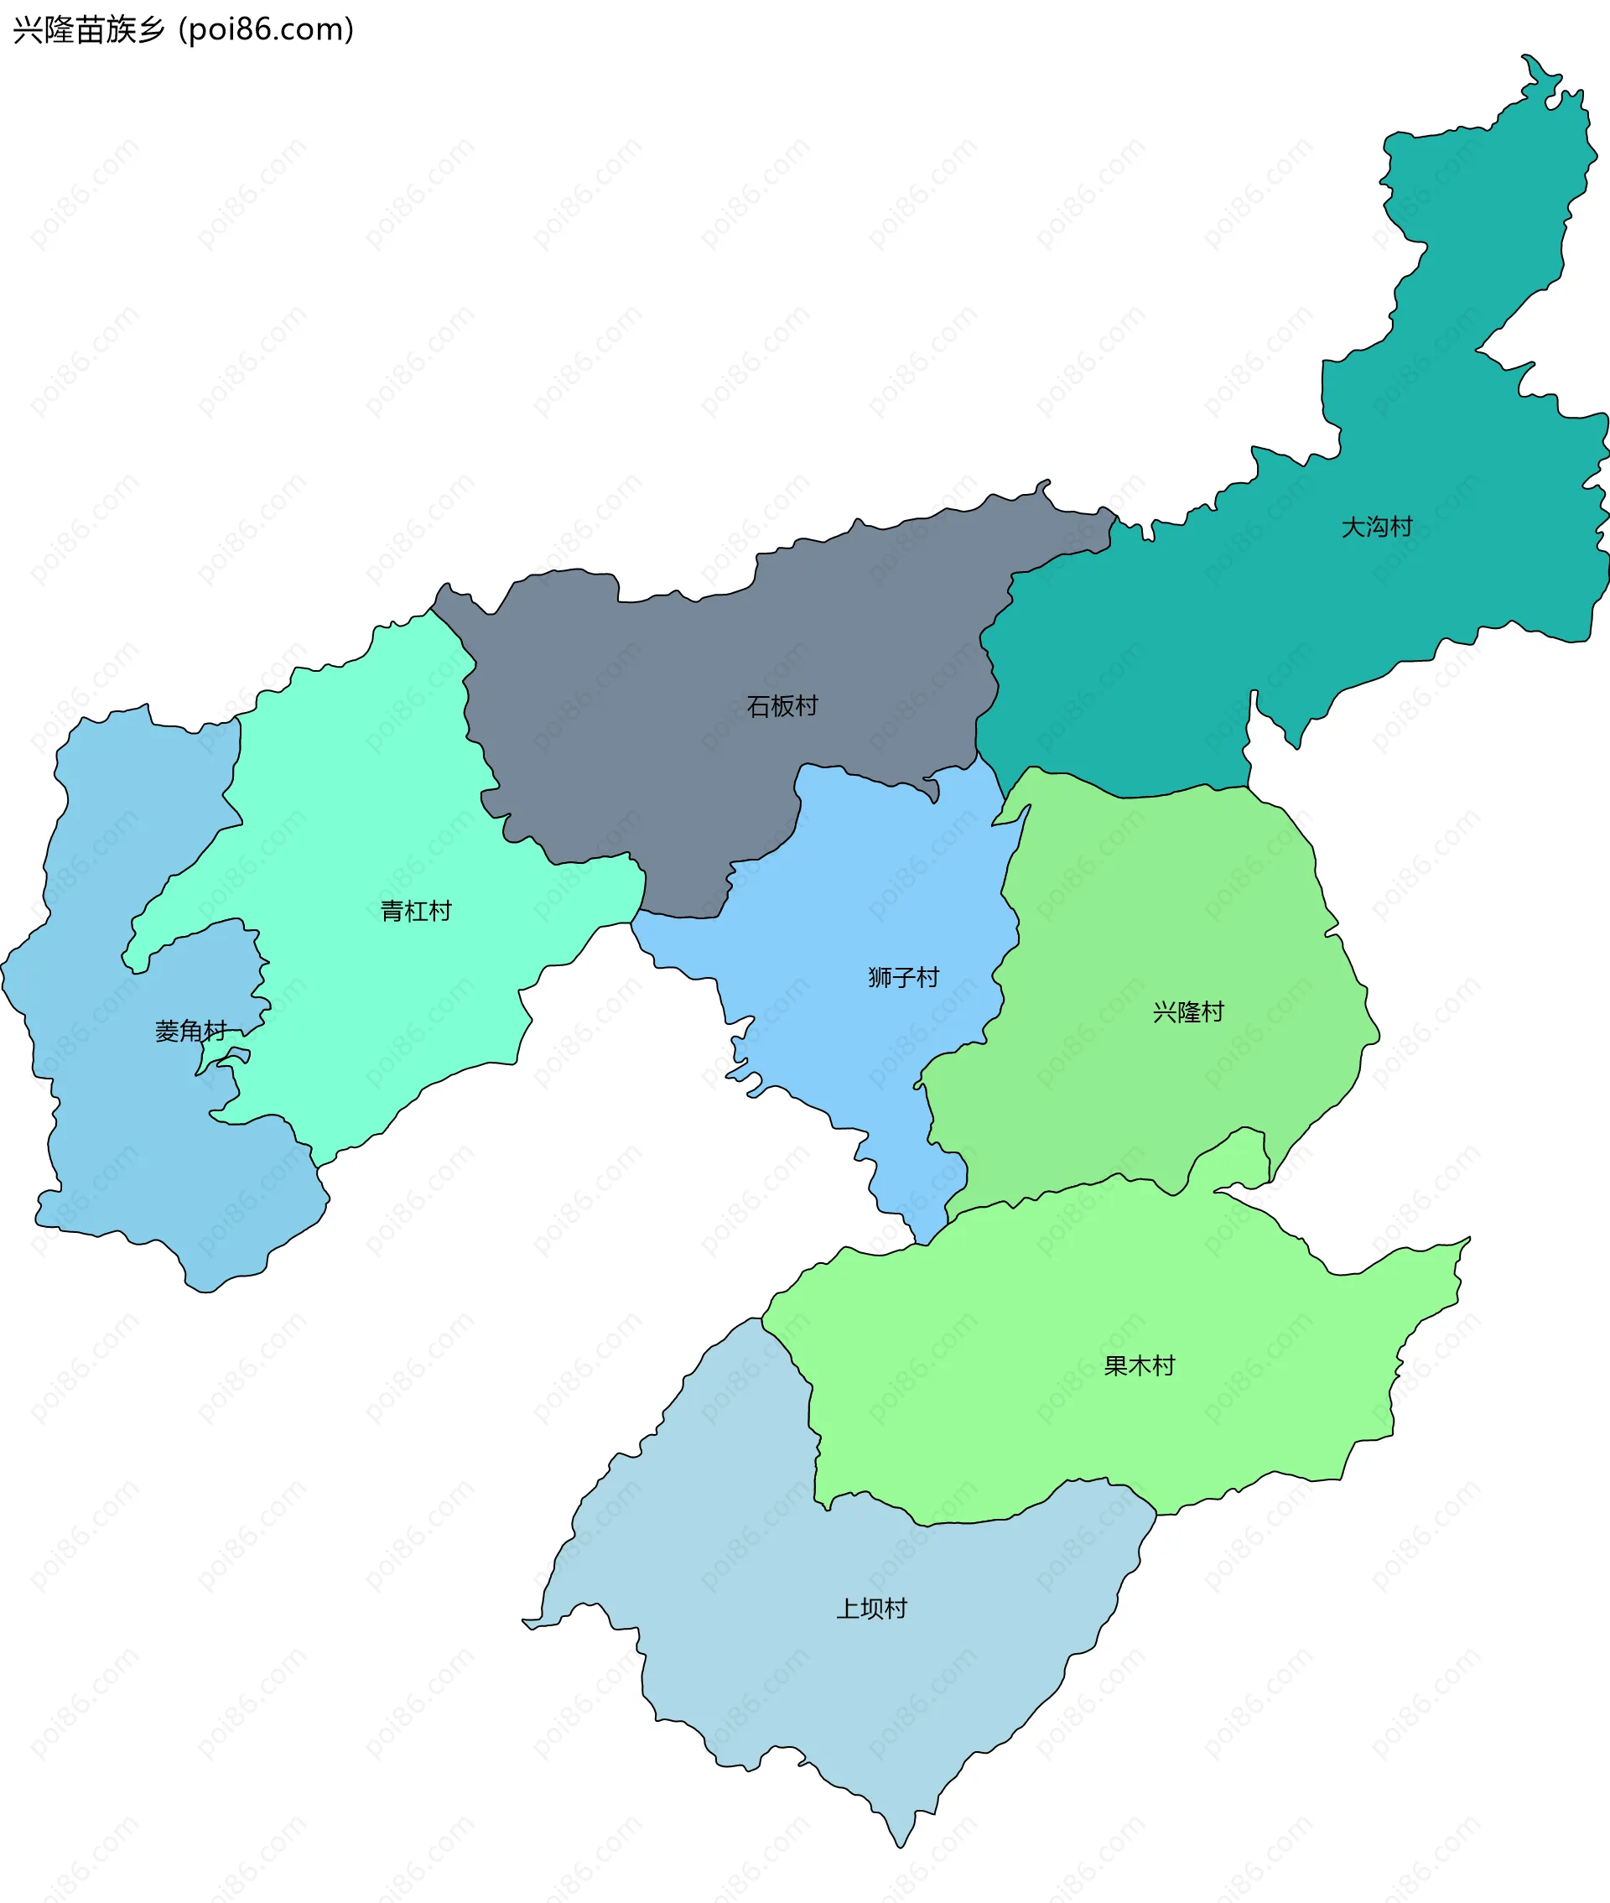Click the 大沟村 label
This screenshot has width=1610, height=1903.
pyautogui.click(x=1376, y=527)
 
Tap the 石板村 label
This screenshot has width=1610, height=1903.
pyautogui.click(x=782, y=705)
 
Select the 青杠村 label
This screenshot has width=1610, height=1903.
pyautogui.click(x=415, y=911)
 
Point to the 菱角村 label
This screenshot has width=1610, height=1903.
pyautogui.click(x=190, y=1032)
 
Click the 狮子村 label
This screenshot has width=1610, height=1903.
pyautogui.click(x=904, y=978)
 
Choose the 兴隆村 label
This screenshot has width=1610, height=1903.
pyautogui.click(x=1187, y=1012)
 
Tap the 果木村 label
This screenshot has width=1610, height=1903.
pyautogui.click(x=1139, y=1366)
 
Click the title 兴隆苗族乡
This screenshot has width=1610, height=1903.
pyautogui.click(x=89, y=30)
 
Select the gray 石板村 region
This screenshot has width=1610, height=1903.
pyautogui.click(x=639, y=731)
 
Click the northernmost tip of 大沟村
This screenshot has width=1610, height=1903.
pyautogui.click(x=1524, y=56)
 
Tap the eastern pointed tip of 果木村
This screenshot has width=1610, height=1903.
pyautogui.click(x=1468, y=1239)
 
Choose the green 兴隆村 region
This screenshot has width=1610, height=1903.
pyautogui.click(x=1168, y=913)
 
